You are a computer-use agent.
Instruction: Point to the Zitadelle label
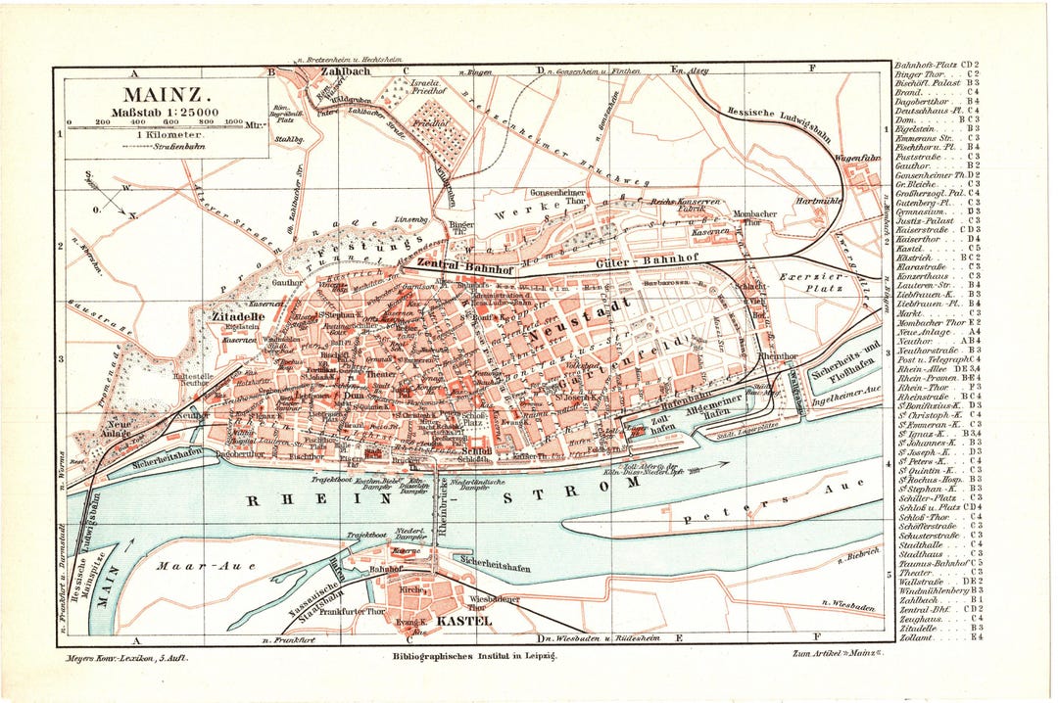pos(234,317)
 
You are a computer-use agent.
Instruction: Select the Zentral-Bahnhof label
pos(464,264)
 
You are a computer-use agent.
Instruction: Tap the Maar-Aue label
pos(192,565)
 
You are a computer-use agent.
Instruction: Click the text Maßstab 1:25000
pos(165,115)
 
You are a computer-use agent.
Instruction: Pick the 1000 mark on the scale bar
pos(232,123)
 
